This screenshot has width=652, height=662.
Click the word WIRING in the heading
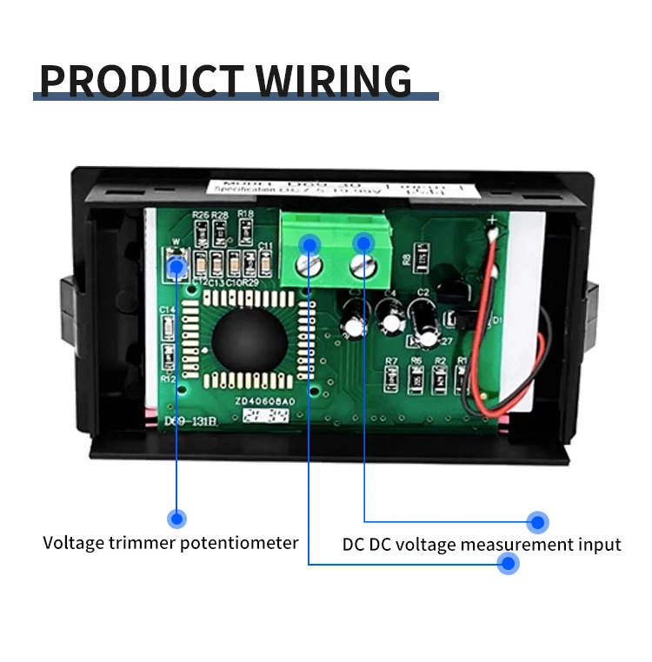pos(334,80)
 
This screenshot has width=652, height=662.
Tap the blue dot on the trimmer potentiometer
pos(177,266)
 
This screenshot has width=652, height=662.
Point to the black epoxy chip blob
pos(244,339)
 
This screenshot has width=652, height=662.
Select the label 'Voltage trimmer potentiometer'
pos(170,543)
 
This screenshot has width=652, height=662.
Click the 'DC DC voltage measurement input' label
pos(481,545)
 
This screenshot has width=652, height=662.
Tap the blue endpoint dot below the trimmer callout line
pos(176,519)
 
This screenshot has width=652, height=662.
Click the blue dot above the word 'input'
pos(538,522)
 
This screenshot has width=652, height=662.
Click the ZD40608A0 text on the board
pos(264,401)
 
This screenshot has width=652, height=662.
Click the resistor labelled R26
pos(201,230)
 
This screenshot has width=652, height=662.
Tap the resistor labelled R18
pos(246,229)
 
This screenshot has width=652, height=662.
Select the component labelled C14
pos(169,327)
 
